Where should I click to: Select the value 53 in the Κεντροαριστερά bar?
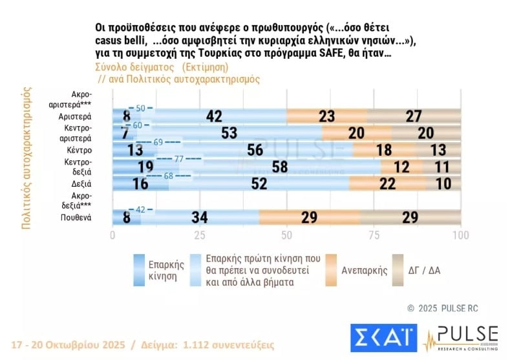coord(228,133)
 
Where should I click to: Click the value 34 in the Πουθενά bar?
coord(198,217)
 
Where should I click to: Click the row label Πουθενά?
coord(76,217)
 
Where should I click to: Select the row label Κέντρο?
coord(79,150)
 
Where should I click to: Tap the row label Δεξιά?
coord(81,184)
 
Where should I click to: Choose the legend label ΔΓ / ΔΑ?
coord(424,271)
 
